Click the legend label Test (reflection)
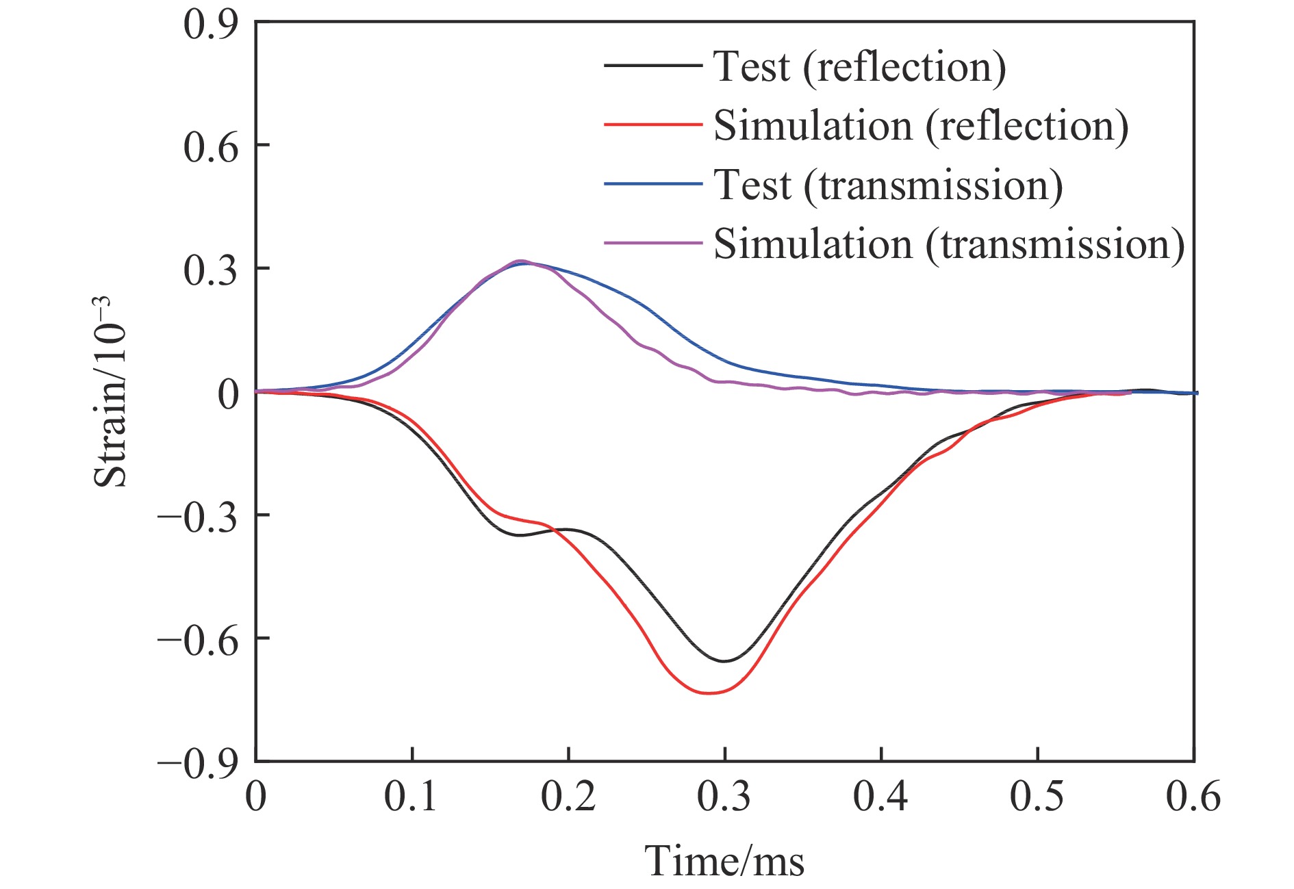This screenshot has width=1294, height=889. [x=859, y=67]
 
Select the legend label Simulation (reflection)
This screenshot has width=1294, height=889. [x=921, y=126]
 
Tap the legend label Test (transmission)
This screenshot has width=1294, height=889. [x=888, y=185]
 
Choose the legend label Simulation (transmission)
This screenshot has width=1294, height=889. [x=949, y=244]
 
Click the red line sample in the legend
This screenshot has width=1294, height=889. [x=652, y=125]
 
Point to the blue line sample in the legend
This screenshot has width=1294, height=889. [x=652, y=184]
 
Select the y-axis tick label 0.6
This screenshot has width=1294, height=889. [x=210, y=146]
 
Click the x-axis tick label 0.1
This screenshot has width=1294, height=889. [x=411, y=797]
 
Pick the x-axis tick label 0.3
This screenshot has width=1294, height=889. [x=724, y=797]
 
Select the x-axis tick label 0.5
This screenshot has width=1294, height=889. [x=1037, y=797]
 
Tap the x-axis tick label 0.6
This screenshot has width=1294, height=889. [x=1193, y=797]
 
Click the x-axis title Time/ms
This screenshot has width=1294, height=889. [x=724, y=861]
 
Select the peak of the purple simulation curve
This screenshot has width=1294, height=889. [x=520, y=261]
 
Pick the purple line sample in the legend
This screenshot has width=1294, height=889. [x=652, y=243]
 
